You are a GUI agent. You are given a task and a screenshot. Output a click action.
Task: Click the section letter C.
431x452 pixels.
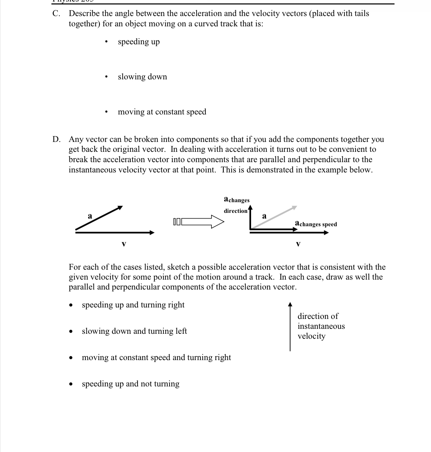click(x=56, y=14)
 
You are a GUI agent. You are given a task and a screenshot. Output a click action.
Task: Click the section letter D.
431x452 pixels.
click(x=56, y=140)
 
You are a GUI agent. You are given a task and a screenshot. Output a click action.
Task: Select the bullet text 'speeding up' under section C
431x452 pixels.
click(x=139, y=42)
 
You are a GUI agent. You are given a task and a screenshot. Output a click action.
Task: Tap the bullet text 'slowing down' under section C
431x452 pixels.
click(x=142, y=77)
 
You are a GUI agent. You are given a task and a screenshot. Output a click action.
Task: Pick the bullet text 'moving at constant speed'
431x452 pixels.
click(x=162, y=112)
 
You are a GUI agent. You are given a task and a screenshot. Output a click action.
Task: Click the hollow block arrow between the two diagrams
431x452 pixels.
click(x=198, y=222)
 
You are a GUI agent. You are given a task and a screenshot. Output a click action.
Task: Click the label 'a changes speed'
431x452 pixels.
click(x=316, y=224)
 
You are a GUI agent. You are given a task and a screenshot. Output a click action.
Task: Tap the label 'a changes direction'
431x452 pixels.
click(x=236, y=205)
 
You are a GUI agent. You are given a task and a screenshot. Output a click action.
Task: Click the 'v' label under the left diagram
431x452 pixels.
click(x=123, y=243)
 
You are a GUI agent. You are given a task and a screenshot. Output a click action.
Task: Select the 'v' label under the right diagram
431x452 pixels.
click(x=298, y=243)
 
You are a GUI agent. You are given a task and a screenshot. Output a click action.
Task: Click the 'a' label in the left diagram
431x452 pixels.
click(x=90, y=216)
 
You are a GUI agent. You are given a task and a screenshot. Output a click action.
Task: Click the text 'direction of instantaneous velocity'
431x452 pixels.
click(x=320, y=326)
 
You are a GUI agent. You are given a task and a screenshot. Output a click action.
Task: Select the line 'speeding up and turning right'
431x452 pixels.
click(x=133, y=305)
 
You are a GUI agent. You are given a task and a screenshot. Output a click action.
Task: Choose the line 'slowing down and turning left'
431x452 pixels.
click(x=134, y=331)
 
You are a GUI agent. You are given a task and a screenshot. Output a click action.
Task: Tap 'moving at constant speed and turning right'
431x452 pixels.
click(x=156, y=357)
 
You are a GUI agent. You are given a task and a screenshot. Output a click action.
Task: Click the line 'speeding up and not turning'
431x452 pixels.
click(x=130, y=384)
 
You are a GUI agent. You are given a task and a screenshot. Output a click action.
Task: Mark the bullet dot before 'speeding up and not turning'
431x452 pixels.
click(x=70, y=384)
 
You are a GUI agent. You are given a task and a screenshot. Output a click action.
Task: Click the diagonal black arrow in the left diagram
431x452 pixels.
click(x=99, y=219)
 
